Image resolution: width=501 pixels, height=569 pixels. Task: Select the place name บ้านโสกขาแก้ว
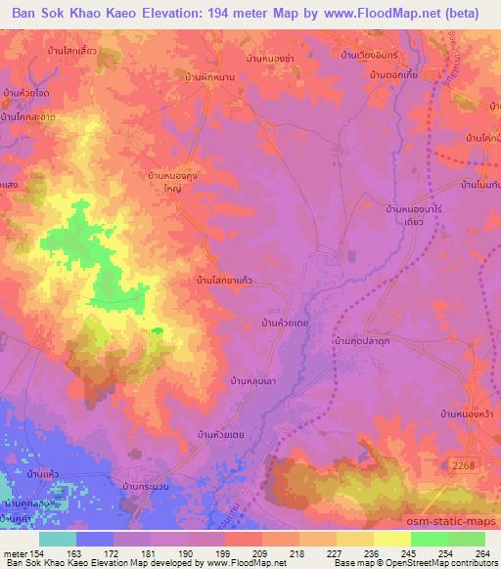[x=226, y=280]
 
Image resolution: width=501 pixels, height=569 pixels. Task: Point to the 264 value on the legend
[x=483, y=554]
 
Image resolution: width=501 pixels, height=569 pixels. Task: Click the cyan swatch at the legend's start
[x=57, y=539]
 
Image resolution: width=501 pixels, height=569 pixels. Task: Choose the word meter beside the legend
[x=16, y=554]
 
